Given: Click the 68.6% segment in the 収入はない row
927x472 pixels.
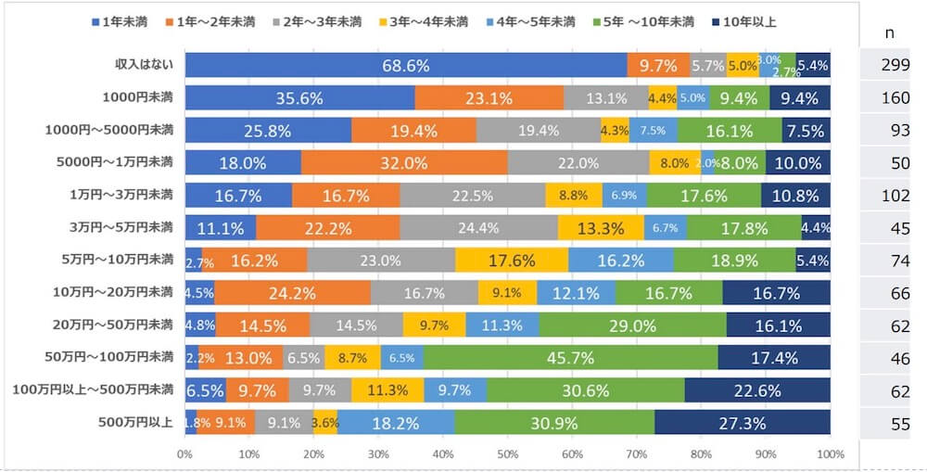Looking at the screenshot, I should (406, 65).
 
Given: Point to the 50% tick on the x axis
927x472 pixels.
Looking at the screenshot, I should (507, 456).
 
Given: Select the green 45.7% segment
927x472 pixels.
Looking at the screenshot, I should (570, 357).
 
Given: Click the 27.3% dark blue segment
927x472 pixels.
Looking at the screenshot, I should (743, 423).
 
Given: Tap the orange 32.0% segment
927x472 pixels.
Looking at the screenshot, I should (404, 163).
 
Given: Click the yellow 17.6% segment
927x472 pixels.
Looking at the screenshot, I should (511, 261).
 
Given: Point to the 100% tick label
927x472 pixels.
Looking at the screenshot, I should (831, 456).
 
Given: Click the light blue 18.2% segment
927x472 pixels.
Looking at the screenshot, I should (396, 423).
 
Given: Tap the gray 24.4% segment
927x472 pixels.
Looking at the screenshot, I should (479, 228).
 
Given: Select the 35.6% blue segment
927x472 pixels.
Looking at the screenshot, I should (299, 97).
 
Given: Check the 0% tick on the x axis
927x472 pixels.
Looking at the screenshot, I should (184, 456).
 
